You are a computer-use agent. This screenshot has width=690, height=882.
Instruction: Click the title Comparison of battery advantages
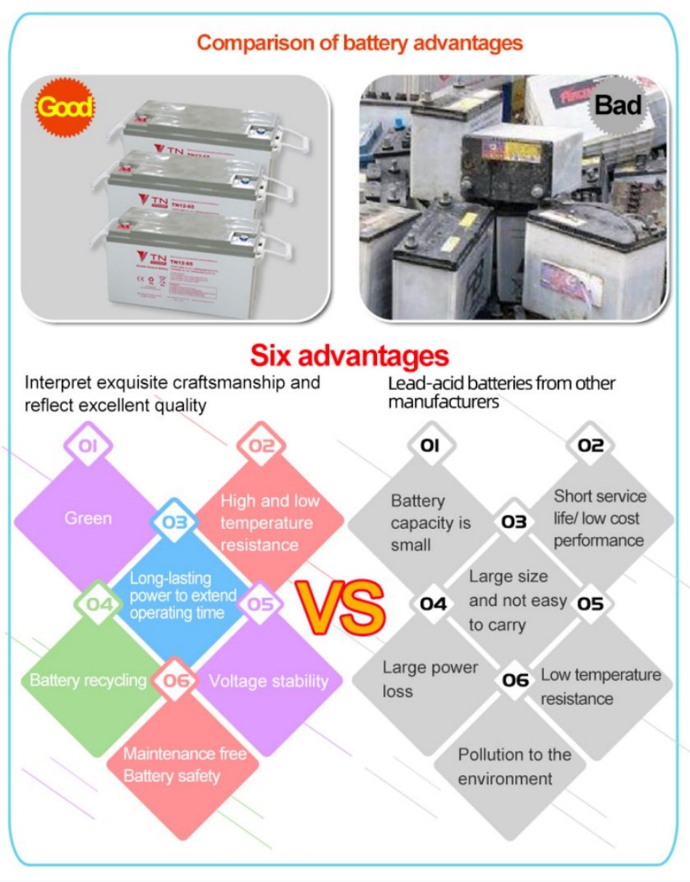point(360,43)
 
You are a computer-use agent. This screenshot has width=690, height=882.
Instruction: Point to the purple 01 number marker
point(88,445)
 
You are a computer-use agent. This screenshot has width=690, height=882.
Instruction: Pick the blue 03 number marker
point(174,522)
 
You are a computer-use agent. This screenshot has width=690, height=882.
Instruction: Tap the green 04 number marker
point(99,603)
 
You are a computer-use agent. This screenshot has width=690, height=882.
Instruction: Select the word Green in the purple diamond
point(88,519)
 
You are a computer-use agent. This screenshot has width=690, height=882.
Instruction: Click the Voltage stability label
point(269,681)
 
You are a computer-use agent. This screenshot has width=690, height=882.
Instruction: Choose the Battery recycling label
point(88,681)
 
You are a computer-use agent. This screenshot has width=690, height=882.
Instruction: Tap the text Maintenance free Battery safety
point(184,765)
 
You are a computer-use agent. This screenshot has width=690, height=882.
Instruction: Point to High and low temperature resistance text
point(269,522)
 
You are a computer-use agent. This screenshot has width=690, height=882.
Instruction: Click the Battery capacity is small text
point(431,522)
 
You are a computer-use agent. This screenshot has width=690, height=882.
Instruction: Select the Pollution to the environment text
point(514,766)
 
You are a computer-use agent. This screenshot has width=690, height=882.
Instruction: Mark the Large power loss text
point(430,679)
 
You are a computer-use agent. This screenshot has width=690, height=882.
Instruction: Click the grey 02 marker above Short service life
point(590,445)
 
